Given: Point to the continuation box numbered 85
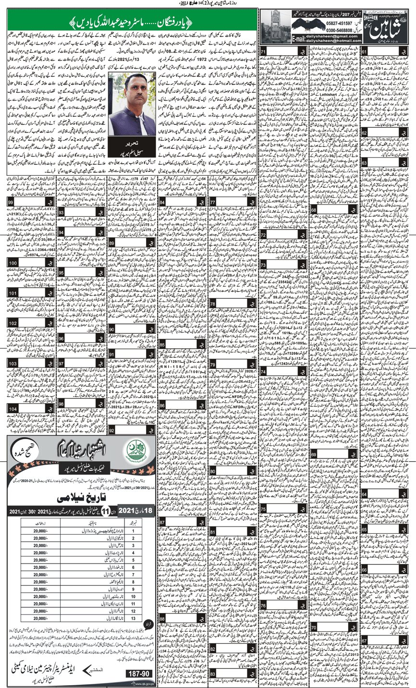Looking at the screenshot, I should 164,344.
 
